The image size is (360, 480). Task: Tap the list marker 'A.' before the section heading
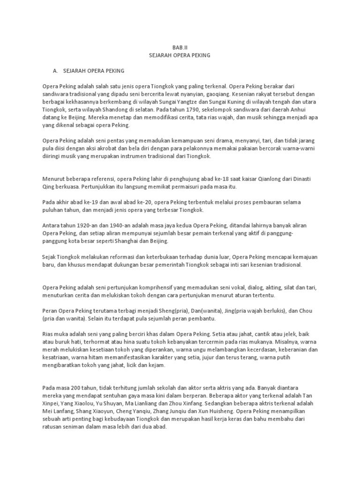pos(57,70)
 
